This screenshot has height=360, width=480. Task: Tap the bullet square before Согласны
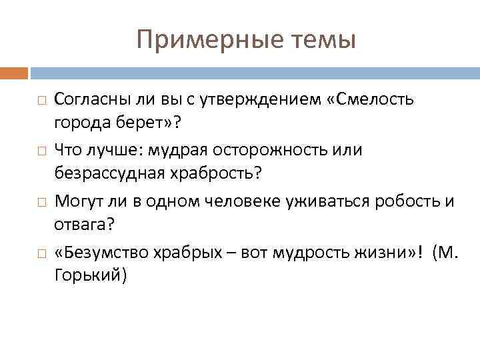41,101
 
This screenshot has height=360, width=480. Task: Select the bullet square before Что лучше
41,151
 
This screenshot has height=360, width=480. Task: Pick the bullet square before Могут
41,201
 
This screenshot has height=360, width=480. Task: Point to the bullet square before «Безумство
41,252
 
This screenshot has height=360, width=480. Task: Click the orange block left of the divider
13,71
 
